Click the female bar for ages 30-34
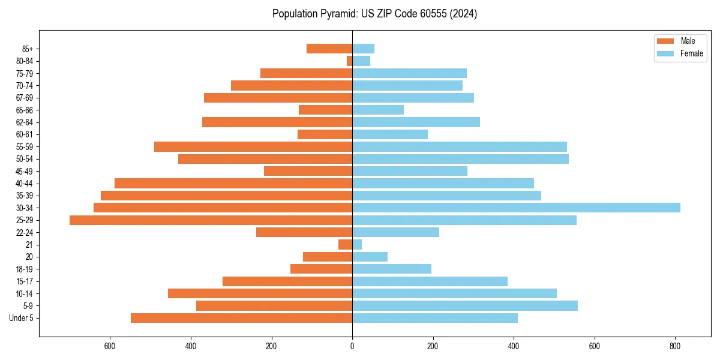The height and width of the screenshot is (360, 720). pyautogui.click(x=516, y=208)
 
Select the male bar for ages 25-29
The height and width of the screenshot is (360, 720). pyautogui.click(x=211, y=220)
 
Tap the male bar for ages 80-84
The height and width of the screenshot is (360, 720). pyautogui.click(x=349, y=61)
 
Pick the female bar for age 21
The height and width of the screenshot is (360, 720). pyautogui.click(x=357, y=245)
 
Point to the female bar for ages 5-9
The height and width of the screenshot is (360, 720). pyautogui.click(x=465, y=306)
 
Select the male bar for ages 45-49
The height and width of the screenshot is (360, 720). pyautogui.click(x=308, y=171)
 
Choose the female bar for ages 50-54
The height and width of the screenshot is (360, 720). pyautogui.click(x=460, y=159)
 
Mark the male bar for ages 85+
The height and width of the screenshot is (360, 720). pyautogui.click(x=329, y=49)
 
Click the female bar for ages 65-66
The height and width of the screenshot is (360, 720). pyautogui.click(x=378, y=110)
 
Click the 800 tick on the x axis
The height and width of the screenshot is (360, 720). pyautogui.click(x=676, y=346)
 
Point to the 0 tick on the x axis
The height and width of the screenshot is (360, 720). pyautogui.click(x=352, y=346)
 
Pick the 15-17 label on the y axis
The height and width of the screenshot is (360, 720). pyautogui.click(x=25, y=281)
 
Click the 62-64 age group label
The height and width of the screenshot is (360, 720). pyautogui.click(x=25, y=122)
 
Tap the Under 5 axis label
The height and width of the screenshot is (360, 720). pyautogui.click(x=22, y=318)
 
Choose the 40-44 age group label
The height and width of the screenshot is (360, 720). pyautogui.click(x=25, y=184)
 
